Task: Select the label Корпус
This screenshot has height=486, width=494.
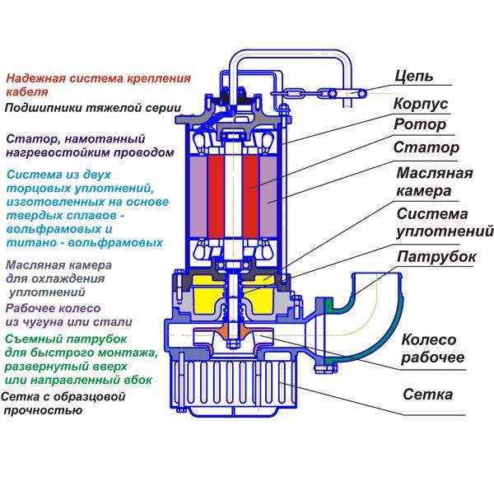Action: click(x=420, y=105)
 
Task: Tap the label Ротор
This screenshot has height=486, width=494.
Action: click(x=419, y=125)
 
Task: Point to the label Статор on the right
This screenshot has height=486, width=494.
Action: click(x=425, y=149)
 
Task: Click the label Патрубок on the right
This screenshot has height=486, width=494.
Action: click(x=436, y=257)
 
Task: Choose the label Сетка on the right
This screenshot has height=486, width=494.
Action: click(x=427, y=395)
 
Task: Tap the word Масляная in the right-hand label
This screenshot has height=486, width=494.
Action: click(x=434, y=173)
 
